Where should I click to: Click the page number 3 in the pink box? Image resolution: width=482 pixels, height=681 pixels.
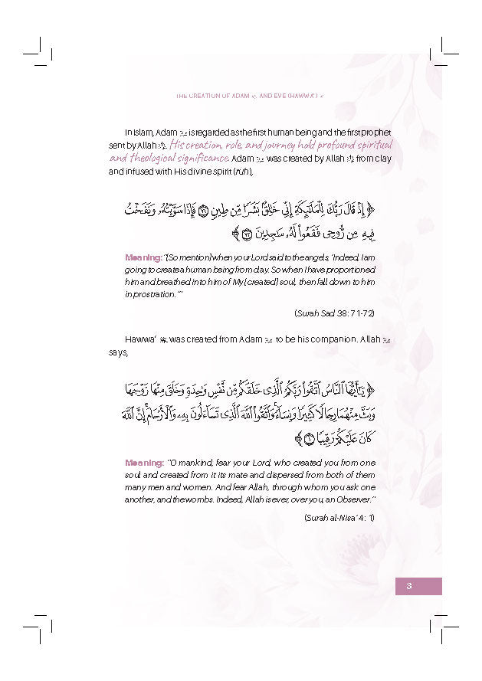pos(409,586)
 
